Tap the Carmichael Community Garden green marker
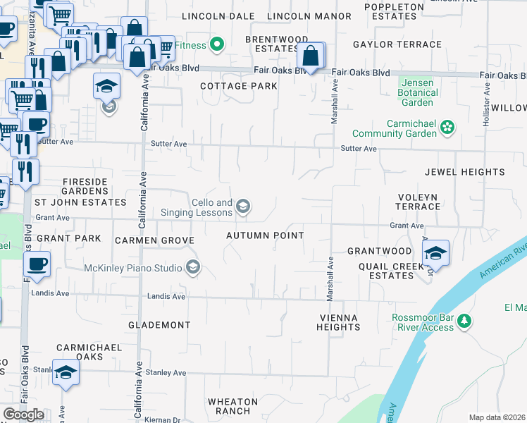[447, 128]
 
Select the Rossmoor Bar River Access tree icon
[464, 321]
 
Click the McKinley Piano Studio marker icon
[192, 267]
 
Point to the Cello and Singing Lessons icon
[243, 206]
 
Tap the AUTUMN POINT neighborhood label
[265, 235]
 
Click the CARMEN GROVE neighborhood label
[154, 240]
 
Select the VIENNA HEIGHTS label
[338, 322]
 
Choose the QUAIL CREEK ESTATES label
[386, 271]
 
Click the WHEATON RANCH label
[229, 406]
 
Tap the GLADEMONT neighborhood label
[159, 325]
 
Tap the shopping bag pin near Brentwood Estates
[310, 56]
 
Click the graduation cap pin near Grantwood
[436, 255]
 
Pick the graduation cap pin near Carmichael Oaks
[66, 374]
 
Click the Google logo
[23, 415]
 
